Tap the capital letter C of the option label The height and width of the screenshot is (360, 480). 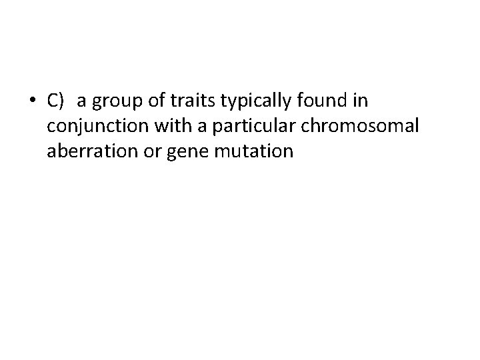(x=53, y=101)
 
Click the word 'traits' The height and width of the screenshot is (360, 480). (x=189, y=101)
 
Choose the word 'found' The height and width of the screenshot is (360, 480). (x=323, y=101)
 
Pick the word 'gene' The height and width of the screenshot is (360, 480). (x=183, y=153)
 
